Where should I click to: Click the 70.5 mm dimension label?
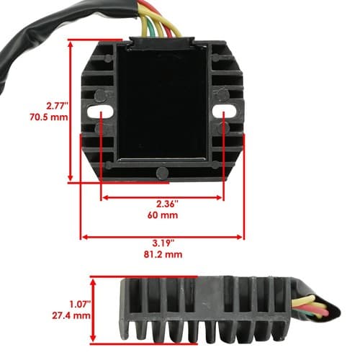click(49, 117)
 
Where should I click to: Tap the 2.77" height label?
click(58, 106)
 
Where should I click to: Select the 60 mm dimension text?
click(163, 215)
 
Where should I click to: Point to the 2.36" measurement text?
click(168, 204)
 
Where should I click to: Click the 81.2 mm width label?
click(163, 254)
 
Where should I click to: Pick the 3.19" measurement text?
click(163, 243)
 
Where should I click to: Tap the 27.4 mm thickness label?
click(71, 315)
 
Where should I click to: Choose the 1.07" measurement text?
click(81, 305)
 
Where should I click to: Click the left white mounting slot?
click(100, 112)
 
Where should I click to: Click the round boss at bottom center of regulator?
click(162, 173)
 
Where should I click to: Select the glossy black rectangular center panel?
click(163, 103)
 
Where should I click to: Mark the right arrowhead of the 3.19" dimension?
click(240, 238)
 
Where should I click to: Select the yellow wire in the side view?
click(305, 300)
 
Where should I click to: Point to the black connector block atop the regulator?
click(162, 42)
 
